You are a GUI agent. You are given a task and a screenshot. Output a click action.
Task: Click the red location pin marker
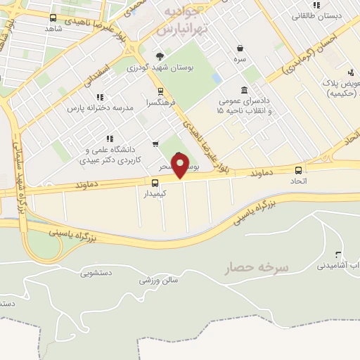click(180, 166)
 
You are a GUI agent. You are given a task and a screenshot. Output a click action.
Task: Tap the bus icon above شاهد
click(53, 18)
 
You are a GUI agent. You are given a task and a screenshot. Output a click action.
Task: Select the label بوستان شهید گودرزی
click(160, 68)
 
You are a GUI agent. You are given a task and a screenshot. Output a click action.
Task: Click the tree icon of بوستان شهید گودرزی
click(160, 56)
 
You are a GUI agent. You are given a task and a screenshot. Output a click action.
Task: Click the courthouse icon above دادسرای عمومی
click(243, 90)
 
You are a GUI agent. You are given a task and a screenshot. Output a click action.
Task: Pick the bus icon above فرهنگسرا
click(160, 91)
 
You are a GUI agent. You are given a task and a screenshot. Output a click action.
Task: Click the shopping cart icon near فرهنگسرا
click(155, 144)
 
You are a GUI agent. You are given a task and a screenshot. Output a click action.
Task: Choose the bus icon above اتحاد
click(299, 169)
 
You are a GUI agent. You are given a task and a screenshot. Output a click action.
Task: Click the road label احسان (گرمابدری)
click(310, 53)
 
